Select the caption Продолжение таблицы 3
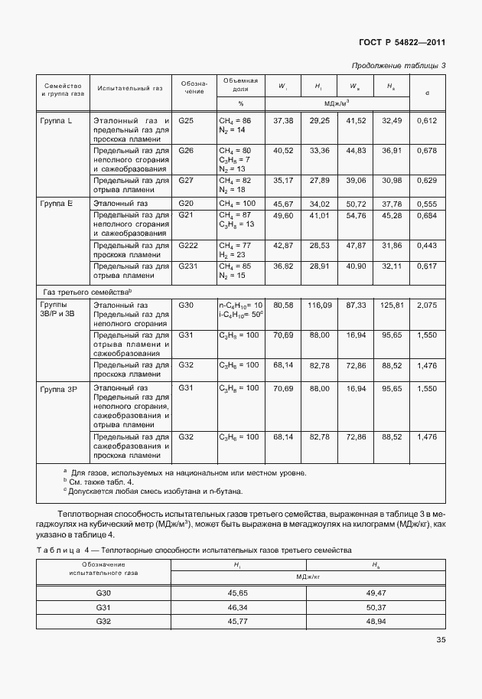398,65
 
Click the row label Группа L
56,121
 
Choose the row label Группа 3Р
59,389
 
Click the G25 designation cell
187,121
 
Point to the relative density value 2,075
428,305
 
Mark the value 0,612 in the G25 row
428,121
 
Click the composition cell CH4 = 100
235,204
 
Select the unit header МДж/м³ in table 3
337,102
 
